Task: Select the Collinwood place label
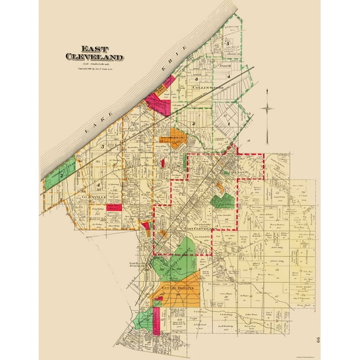pos(207,88)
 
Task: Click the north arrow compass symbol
pos(267,109)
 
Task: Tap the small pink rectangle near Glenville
pos(113,207)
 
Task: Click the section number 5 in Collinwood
pos(229,43)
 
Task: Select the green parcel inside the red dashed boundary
pos(222,201)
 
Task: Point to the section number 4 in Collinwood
pos(229,77)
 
